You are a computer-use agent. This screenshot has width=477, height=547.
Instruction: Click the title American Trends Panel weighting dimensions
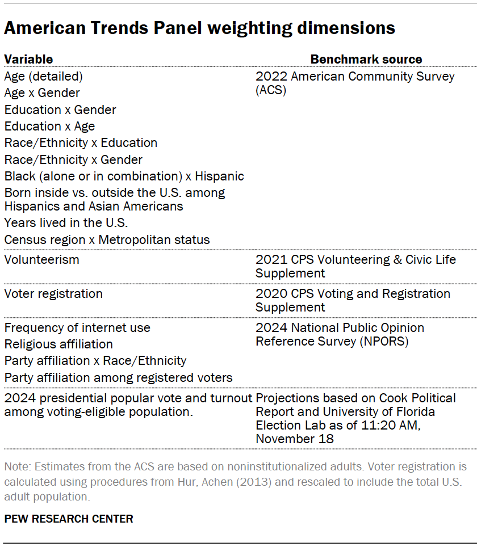(199, 28)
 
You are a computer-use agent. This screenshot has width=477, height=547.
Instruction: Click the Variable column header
(28, 59)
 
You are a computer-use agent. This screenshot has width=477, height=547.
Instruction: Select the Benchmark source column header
(366, 59)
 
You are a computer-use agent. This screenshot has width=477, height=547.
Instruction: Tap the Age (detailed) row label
(44, 76)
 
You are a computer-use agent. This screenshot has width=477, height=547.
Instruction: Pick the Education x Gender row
(60, 110)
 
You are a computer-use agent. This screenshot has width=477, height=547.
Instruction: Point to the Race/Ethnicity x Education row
(81, 143)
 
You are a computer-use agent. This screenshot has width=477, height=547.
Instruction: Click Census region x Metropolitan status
(107, 240)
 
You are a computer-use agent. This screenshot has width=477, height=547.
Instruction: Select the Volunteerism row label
(41, 260)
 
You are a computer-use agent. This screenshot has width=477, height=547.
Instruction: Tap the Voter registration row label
(53, 294)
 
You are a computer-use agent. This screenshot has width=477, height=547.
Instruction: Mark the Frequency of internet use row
(77, 328)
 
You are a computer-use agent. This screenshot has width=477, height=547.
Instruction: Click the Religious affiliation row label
(58, 344)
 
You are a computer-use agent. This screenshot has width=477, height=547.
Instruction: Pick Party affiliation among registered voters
(118, 378)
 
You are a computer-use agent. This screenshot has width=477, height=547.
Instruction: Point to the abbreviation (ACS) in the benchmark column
(271, 90)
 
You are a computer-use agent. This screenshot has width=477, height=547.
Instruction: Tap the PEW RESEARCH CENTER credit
(69, 519)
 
